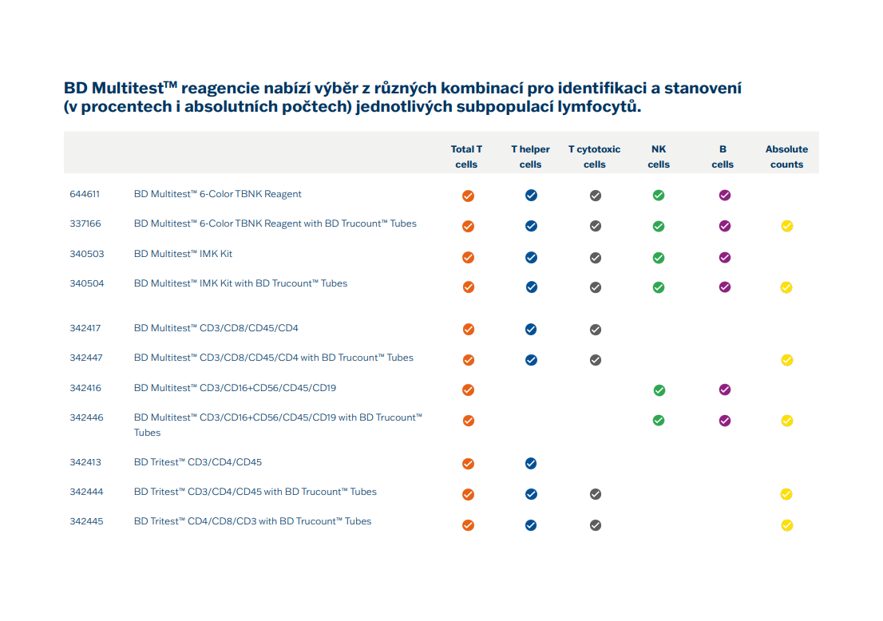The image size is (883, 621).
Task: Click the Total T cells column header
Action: point(466,156)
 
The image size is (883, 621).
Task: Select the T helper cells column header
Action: point(530,156)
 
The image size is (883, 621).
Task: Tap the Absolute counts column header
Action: point(786,156)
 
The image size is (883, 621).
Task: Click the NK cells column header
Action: point(659,156)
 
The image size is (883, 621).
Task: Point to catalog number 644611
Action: point(85,194)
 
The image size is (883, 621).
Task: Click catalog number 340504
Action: point(87,283)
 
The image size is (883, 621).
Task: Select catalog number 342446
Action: point(86,417)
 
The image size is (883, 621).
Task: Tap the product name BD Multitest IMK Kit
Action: point(183,254)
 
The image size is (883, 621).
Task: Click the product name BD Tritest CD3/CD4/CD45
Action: point(198,462)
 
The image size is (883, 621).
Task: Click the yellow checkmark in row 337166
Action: point(786,227)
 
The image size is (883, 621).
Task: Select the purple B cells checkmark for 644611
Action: point(725,196)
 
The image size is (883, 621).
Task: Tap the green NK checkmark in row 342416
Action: point(659,390)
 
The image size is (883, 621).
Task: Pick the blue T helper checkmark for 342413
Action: point(530,464)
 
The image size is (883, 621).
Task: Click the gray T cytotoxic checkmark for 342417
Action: point(596,330)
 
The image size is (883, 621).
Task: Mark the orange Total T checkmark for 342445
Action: point(468,525)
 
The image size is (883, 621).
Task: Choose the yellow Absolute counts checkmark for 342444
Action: point(786,494)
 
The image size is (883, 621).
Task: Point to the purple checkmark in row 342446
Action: point(725,421)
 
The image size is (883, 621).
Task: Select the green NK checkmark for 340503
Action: point(659,258)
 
